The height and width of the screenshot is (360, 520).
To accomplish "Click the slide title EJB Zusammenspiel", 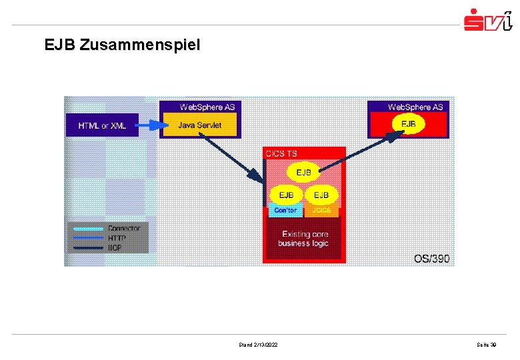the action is (121, 45).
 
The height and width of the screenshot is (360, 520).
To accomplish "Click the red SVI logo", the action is (488, 20).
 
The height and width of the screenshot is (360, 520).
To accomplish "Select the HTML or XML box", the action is (102, 125).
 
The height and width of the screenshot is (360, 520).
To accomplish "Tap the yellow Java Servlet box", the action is (199, 125).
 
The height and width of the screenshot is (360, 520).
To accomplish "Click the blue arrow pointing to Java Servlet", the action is (150, 124).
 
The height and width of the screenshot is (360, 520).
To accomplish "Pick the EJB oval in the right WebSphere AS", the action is (407, 124).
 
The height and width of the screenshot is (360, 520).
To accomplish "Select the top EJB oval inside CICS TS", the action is (304, 173).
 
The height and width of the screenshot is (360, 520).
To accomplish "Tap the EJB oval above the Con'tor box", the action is (287, 195).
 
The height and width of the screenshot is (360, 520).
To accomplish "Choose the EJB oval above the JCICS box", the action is (321, 195).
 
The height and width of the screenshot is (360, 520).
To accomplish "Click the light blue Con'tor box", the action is (286, 211).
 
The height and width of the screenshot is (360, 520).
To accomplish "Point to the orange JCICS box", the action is (321, 211).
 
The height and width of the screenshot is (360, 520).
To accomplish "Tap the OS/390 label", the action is (431, 258).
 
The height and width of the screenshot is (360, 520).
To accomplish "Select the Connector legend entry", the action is (124, 228).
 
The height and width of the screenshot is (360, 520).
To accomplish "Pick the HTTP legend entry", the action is (118, 237).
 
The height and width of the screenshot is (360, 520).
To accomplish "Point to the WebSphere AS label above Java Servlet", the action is (207, 107).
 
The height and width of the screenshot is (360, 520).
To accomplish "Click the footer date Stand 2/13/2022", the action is (259, 345).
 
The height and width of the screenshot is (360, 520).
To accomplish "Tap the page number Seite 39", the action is (486, 345).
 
